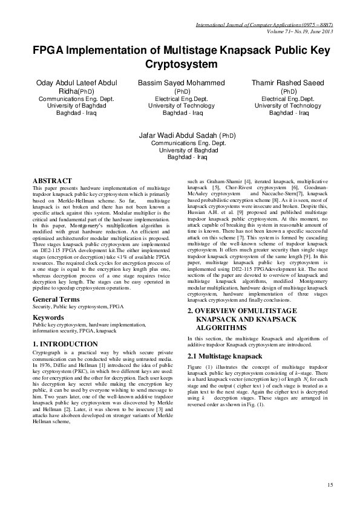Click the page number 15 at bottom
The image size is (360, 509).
pyautogui.click(x=330, y=485)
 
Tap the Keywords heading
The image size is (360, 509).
pyautogui.click(x=48, y=317)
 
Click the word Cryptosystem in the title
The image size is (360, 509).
pyautogui.click(x=180, y=63)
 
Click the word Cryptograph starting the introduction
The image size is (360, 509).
pyautogui.click(x=49, y=352)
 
